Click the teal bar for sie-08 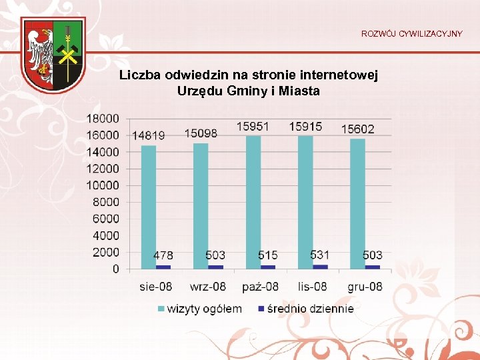[x=149, y=207]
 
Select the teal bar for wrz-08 [x=201, y=206]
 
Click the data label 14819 [x=149, y=135]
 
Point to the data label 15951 [x=253, y=126]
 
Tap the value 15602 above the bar [x=358, y=129]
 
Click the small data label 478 [x=163, y=255]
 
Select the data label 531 [x=320, y=255]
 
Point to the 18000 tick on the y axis [x=103, y=118]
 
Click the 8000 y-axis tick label [x=105, y=202]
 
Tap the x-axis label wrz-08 [x=209, y=287]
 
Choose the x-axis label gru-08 [x=365, y=287]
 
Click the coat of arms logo [x=52, y=54]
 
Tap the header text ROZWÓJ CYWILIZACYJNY [x=411, y=33]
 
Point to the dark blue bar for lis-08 [x=320, y=266]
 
